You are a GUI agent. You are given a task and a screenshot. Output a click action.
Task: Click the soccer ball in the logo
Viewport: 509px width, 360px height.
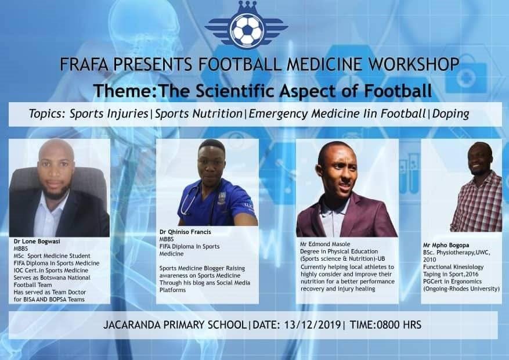click(247, 30)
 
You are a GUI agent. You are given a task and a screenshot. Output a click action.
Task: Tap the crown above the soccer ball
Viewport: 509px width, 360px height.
click(247, 7)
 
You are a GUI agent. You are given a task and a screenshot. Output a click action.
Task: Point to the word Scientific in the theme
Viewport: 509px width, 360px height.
click(236, 91)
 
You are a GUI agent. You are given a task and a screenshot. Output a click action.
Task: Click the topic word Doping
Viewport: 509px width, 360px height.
click(451, 114)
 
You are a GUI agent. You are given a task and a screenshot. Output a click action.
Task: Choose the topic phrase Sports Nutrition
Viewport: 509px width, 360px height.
click(198, 114)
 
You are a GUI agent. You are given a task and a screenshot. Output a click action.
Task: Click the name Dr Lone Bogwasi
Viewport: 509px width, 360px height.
click(37, 241)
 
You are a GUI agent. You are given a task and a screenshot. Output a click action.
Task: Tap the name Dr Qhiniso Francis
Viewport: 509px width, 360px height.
click(185, 232)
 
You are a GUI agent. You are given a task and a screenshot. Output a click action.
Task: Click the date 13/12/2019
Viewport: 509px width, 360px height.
click(312, 325)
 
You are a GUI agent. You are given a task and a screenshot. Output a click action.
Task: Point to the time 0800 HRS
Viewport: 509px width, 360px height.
click(399, 325)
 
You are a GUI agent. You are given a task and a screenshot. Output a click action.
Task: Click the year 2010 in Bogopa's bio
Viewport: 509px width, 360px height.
click(429, 260)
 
